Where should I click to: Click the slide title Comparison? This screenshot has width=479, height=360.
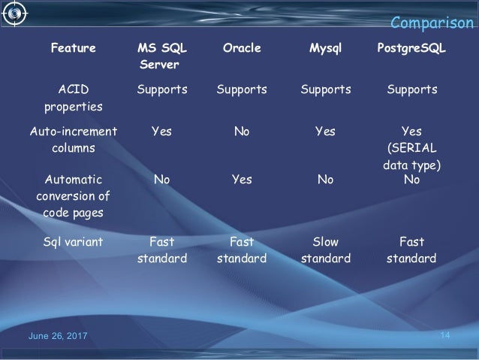tap(434, 23)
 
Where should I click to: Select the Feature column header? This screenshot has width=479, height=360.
tap(73, 49)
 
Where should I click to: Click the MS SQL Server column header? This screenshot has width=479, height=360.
tap(162, 57)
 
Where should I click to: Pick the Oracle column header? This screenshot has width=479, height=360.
tap(242, 49)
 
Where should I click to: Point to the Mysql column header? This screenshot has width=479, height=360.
tap(325, 49)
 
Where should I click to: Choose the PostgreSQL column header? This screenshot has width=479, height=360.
tap(411, 49)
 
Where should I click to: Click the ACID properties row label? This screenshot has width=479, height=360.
tap(73, 98)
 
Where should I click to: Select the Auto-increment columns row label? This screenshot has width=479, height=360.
tap(73, 140)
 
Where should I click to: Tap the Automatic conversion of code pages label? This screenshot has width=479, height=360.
tap(73, 198)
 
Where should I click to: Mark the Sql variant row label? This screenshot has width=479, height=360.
tap(73, 242)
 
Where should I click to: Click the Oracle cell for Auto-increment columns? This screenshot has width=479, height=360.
tap(242, 132)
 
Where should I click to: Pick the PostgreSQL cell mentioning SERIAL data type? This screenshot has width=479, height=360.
tap(411, 148)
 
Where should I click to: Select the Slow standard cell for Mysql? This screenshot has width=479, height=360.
tap(325, 250)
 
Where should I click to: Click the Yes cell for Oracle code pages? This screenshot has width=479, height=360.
tap(242, 181)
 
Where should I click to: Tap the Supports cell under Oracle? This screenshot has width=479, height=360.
tap(242, 90)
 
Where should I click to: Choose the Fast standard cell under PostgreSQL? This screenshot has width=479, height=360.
tap(411, 250)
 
